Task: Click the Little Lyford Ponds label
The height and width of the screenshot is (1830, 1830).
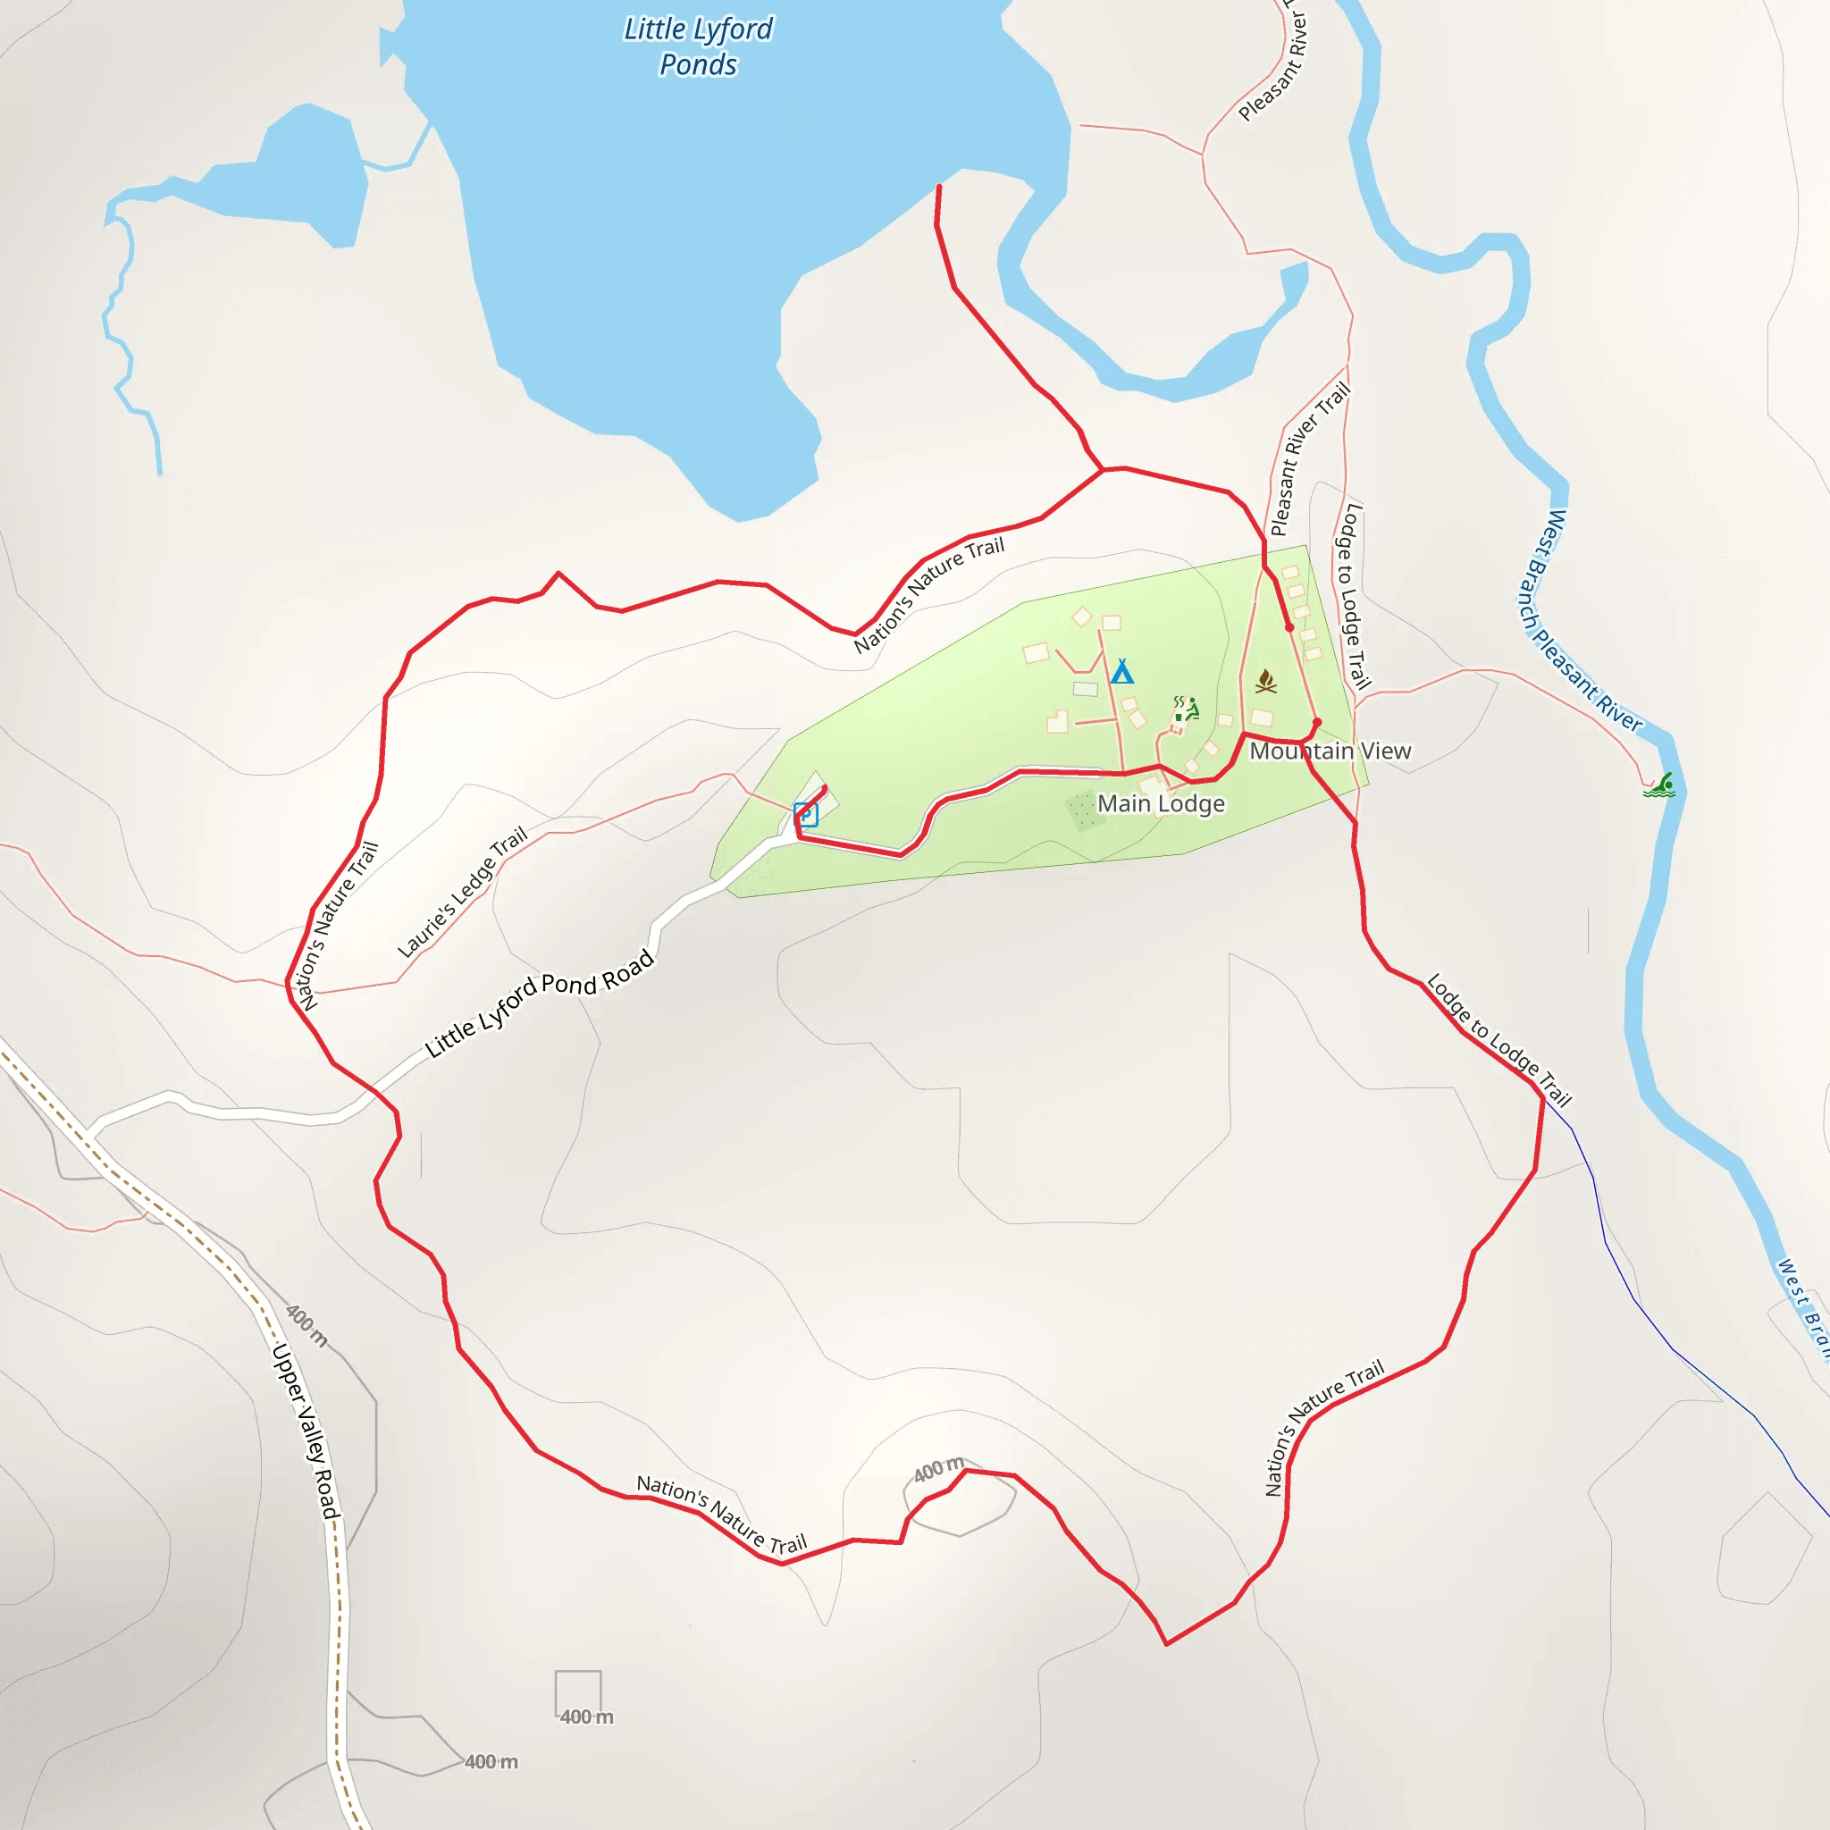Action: click(x=698, y=46)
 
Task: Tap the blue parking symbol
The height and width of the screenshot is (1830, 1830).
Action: click(x=805, y=814)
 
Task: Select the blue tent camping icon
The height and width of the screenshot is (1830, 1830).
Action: click(x=1121, y=672)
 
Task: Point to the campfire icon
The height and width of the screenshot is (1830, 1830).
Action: click(x=1265, y=681)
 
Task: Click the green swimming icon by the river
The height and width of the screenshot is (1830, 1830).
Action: click(x=1659, y=785)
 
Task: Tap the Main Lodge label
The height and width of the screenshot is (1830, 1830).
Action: click(x=1161, y=803)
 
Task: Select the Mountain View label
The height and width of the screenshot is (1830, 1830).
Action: click(x=1330, y=751)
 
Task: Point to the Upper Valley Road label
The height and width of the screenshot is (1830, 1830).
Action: click(x=305, y=1431)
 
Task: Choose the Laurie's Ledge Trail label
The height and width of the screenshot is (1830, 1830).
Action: click(x=461, y=893)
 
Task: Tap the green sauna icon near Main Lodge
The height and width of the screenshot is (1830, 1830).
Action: click(x=1187, y=709)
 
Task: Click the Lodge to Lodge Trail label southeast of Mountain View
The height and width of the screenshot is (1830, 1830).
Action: click(x=1499, y=1039)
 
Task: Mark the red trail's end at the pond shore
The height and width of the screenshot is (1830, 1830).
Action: click(x=939, y=187)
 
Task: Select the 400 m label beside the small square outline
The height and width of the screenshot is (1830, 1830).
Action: click(x=586, y=1717)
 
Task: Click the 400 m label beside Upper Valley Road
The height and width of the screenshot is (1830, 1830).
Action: click(x=306, y=1325)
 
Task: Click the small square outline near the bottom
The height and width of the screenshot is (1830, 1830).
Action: click(x=578, y=1692)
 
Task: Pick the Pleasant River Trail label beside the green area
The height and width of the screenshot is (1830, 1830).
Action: click(x=1310, y=458)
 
